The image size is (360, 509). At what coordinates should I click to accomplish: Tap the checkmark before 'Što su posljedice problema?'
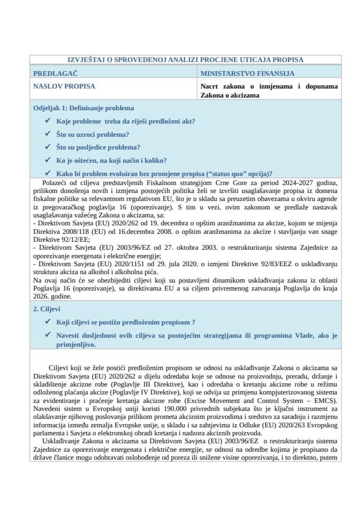49,147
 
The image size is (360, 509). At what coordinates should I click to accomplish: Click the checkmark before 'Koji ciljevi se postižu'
49,322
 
